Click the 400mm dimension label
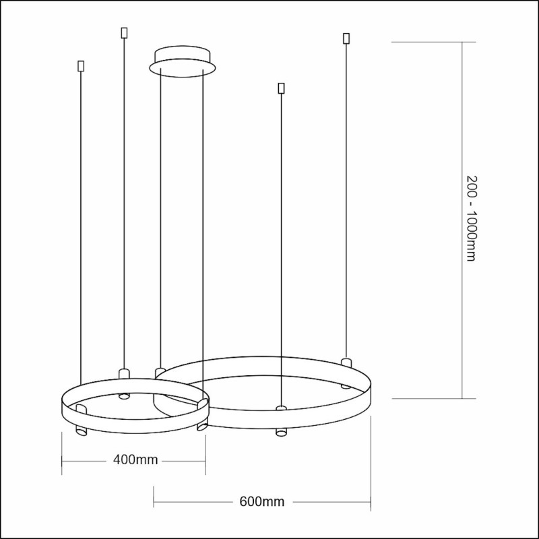[135, 460]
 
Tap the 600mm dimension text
[261, 502]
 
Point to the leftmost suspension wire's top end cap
[81, 66]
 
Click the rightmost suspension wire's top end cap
[346, 37]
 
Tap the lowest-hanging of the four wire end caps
[281, 88]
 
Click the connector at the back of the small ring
[123, 373]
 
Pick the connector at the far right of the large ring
[346, 363]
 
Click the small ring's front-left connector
[80, 409]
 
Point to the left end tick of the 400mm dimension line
[62, 461]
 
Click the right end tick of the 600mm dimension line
[371, 502]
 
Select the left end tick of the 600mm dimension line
[154, 502]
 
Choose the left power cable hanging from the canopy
[160, 202]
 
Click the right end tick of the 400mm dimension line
[205, 461]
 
